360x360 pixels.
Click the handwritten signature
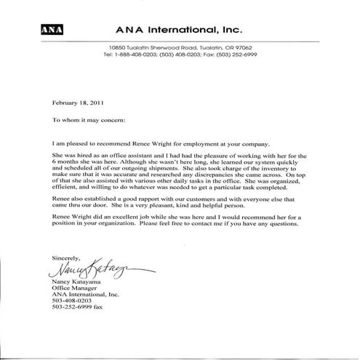tap(97, 271)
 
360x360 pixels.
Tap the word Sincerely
tap(68, 259)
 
